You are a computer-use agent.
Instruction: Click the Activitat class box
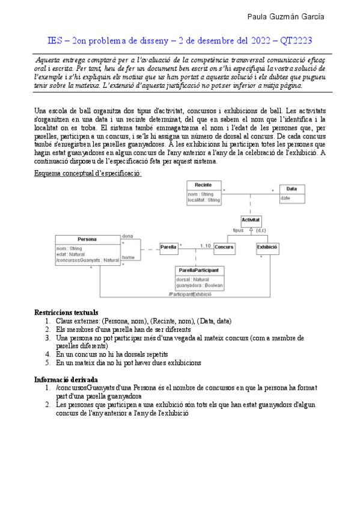click(x=251, y=221)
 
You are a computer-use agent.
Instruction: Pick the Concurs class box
click(x=224, y=247)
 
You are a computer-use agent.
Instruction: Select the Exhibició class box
click(x=267, y=247)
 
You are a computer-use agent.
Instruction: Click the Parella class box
click(x=168, y=247)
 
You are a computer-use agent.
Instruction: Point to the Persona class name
click(x=87, y=239)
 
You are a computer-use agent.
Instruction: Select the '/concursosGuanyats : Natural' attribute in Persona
click(x=87, y=260)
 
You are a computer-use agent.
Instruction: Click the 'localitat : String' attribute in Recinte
click(x=204, y=199)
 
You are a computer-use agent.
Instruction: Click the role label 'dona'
click(x=127, y=236)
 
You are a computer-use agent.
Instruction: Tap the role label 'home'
click(x=127, y=257)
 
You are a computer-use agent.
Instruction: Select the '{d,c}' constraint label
click(x=261, y=230)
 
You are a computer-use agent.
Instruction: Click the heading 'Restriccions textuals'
click(x=66, y=313)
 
